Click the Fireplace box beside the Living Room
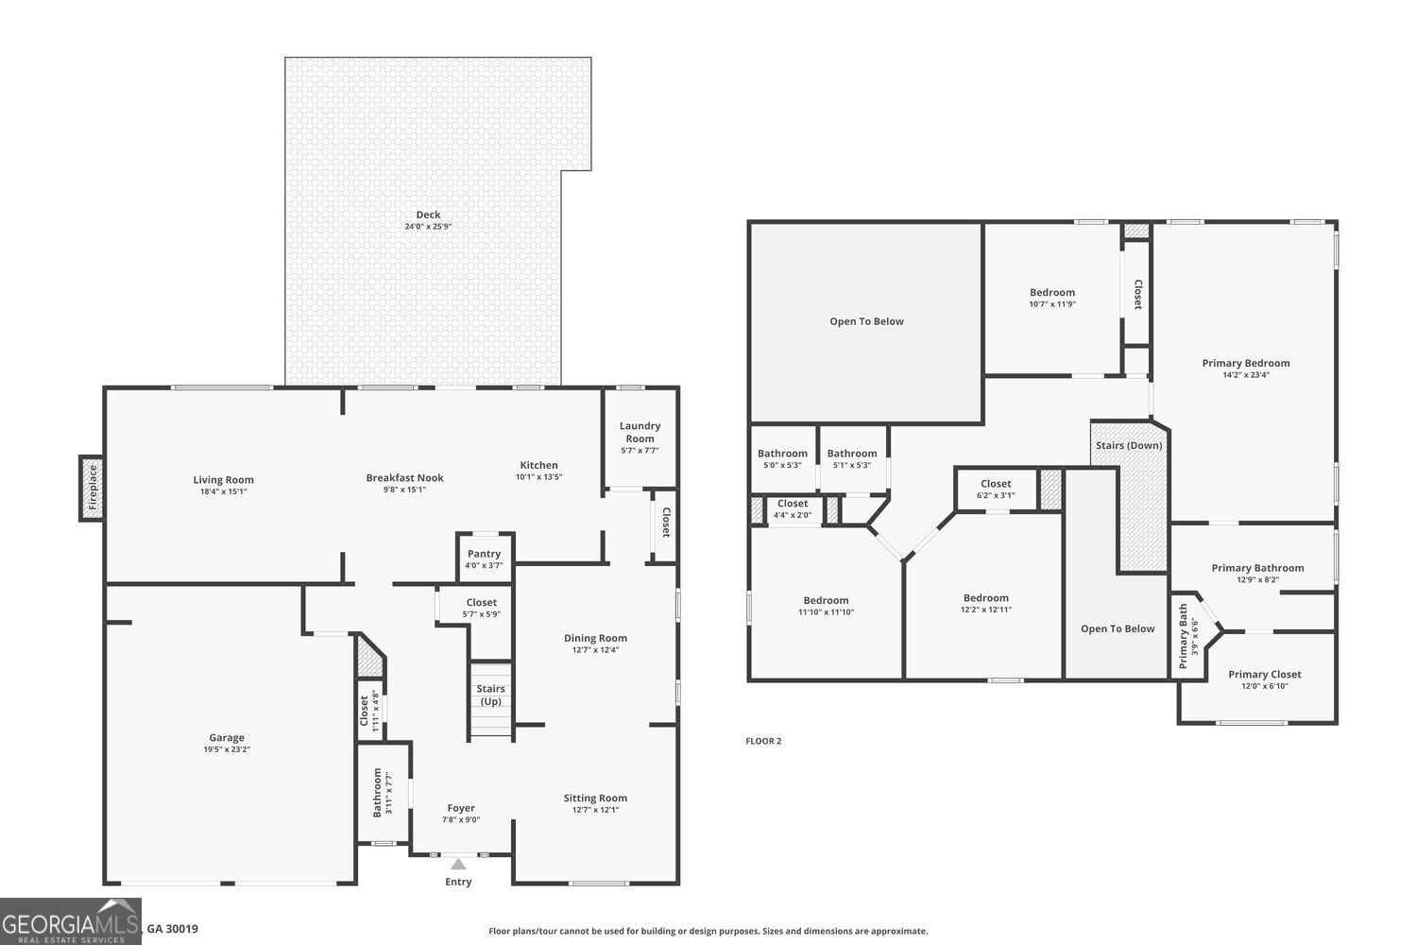point(93,487)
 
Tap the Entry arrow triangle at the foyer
point(458,864)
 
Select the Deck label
point(428,215)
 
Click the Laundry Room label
point(640,432)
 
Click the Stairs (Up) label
point(490,695)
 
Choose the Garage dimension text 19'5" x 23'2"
point(227,749)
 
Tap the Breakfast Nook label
point(404,478)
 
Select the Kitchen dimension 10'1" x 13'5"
point(538,476)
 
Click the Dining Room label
point(595,638)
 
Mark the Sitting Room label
point(595,798)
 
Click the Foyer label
point(461,808)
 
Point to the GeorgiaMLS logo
point(71,923)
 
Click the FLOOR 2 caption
point(763,741)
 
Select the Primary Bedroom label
point(1245,363)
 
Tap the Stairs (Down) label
point(1129,445)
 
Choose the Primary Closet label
point(1264,674)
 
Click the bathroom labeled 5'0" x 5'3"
point(782,458)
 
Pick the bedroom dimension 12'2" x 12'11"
point(985,610)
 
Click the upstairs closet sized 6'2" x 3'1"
point(996,489)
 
